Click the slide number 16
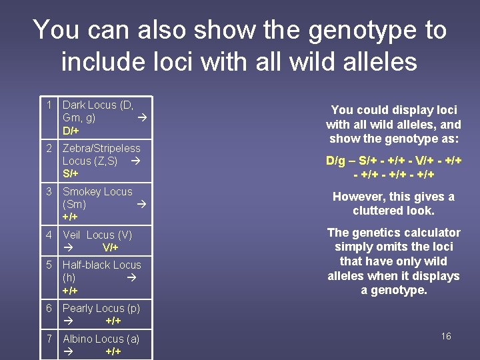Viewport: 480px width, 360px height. [x=446, y=336]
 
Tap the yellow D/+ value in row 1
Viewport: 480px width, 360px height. [x=71, y=131]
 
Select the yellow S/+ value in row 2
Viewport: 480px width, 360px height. [x=71, y=174]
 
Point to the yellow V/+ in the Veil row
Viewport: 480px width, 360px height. [x=110, y=248]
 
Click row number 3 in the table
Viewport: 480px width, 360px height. [x=49, y=192]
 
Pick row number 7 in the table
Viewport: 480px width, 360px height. [x=49, y=339]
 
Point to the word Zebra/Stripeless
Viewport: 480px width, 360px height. [x=101, y=149]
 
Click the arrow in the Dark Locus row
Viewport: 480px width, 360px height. [x=141, y=118]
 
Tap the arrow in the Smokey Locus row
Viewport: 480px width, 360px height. [x=141, y=205]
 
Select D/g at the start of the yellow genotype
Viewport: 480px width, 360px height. [x=337, y=161]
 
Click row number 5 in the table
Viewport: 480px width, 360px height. [x=49, y=265]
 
